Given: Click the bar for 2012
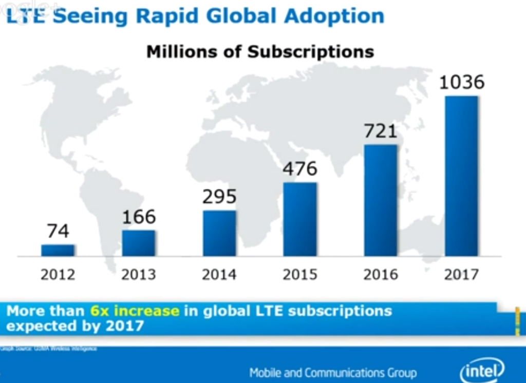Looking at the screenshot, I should tap(58, 250).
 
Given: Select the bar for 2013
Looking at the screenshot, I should tap(138, 243).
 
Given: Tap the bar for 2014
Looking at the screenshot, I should tap(219, 233).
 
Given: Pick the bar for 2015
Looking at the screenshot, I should tap(300, 219).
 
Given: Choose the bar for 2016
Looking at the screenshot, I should tap(381, 200).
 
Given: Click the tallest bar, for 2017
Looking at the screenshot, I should tap(461, 176).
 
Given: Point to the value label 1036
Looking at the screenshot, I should tap(462, 82).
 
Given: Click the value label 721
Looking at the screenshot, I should tap(381, 131).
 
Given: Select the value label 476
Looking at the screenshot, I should tap(300, 169).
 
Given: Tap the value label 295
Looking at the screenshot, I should tap(219, 197).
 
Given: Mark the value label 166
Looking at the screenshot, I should tap(139, 217).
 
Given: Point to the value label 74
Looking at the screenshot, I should tap(58, 231).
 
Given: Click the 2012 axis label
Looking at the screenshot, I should tap(58, 274).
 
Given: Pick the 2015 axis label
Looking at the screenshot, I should tap(300, 274).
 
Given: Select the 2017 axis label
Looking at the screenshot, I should tap(461, 274).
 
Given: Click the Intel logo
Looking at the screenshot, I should tap(482, 369).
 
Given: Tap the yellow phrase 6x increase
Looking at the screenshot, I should tap(135, 311).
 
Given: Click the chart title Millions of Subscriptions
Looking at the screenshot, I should tap(260, 52).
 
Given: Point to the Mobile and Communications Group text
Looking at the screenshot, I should tap(333, 372).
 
